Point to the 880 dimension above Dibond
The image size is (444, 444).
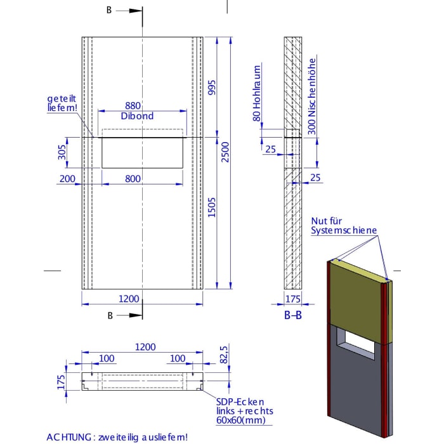click(x=133, y=106)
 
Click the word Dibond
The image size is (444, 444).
click(x=137, y=116)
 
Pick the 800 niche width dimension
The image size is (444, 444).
click(x=133, y=180)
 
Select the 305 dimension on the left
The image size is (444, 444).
click(x=62, y=153)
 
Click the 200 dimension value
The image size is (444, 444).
click(x=67, y=180)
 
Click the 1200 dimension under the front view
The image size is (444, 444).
click(x=129, y=297)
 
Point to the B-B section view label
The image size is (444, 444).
click(x=292, y=315)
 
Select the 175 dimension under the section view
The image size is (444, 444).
click(x=292, y=297)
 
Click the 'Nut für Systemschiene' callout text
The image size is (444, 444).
click(x=344, y=226)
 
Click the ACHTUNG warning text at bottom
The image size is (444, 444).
click(x=117, y=437)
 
